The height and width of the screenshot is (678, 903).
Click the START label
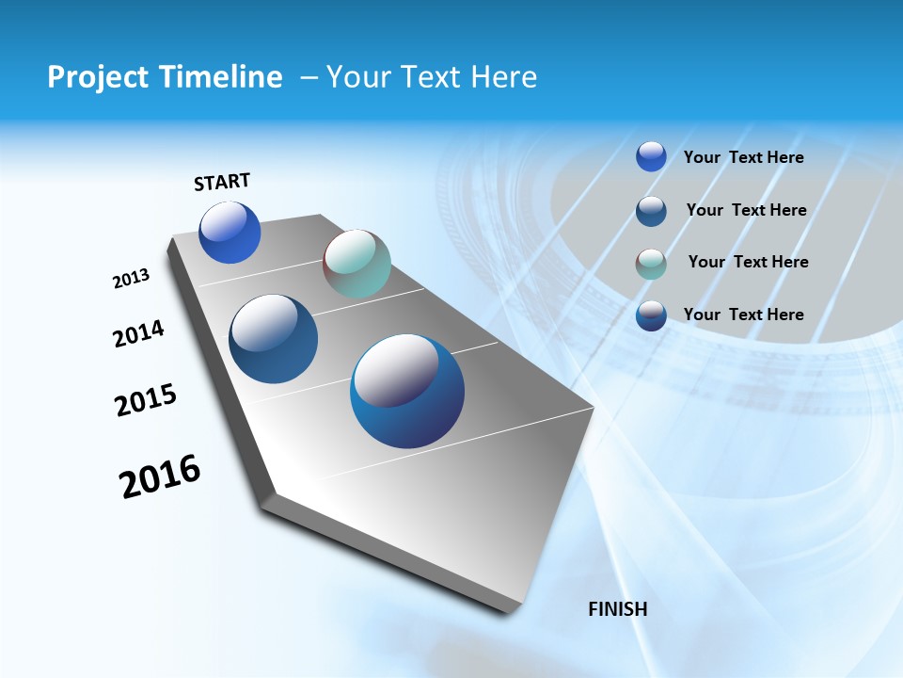(x=222, y=182)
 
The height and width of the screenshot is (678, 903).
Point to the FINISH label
(x=617, y=609)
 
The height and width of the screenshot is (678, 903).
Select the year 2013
(x=132, y=279)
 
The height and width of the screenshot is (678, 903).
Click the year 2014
(x=138, y=334)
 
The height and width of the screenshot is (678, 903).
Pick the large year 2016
(x=160, y=476)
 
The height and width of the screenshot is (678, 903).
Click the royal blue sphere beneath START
(x=230, y=233)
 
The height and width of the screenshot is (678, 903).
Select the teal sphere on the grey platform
(x=356, y=264)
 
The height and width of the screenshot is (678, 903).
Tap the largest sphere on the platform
(x=407, y=391)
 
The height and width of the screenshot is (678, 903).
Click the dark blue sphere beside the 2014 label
(x=274, y=339)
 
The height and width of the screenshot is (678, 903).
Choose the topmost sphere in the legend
(x=651, y=156)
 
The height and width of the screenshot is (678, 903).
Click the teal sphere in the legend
(x=651, y=264)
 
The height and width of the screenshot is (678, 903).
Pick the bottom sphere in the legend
(x=651, y=315)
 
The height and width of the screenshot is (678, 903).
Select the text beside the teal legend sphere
(x=748, y=262)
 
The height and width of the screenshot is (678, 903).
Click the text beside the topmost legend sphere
(x=743, y=157)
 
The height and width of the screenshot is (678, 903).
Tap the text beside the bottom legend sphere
(x=743, y=315)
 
